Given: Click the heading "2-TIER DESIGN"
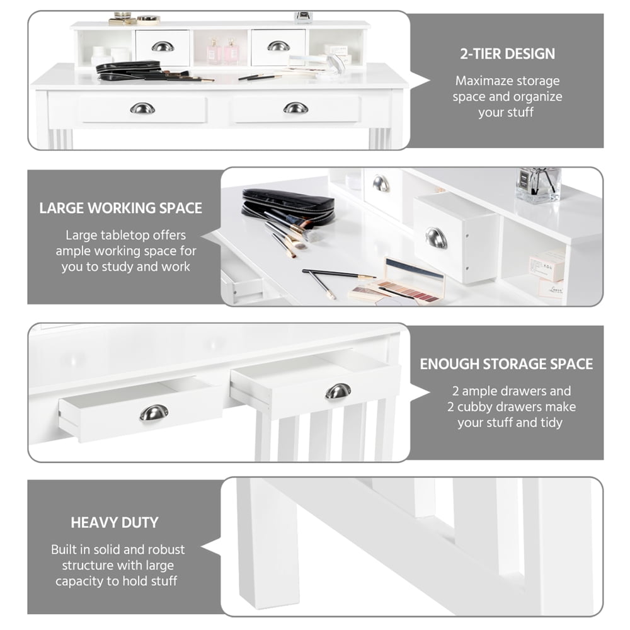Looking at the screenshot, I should tap(507, 53).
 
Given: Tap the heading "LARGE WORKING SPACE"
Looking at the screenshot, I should tap(121, 209).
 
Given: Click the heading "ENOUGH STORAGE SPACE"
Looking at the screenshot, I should tap(507, 364).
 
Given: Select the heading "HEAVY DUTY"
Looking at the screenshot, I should tap(115, 522).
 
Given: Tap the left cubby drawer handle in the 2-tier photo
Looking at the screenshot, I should tap(163, 46).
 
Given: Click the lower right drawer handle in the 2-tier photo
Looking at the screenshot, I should tap(295, 108).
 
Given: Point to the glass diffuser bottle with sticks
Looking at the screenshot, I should tap(538, 185).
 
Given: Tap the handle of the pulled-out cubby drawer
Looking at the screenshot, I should tap(436, 238).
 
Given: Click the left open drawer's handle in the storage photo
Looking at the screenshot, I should tap(154, 413).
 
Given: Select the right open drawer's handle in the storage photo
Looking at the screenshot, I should tap(338, 391).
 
